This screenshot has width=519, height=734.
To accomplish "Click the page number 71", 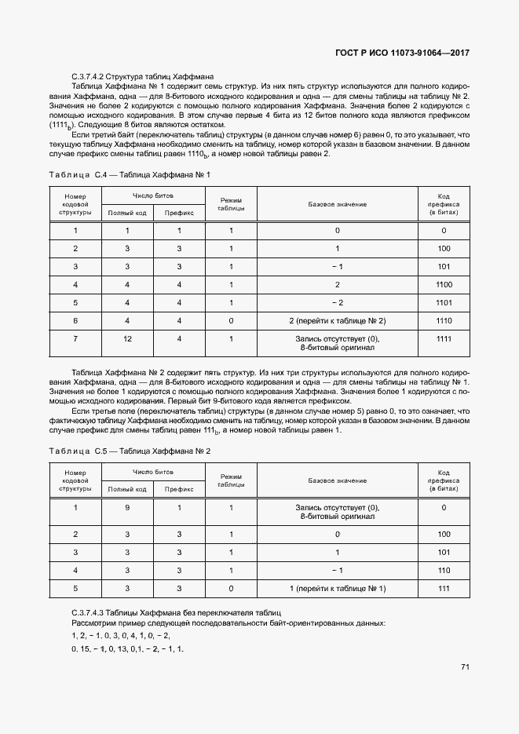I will [x=465, y=667].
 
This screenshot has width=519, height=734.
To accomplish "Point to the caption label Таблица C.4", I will [x=77, y=173].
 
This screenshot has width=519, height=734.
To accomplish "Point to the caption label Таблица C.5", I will [x=77, y=451].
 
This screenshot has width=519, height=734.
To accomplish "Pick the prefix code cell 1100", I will [x=444, y=284].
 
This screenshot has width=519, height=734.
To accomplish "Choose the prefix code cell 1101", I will [x=444, y=302].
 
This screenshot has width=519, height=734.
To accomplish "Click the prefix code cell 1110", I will [x=444, y=321].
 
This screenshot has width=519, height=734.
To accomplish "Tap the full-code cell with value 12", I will [x=127, y=339].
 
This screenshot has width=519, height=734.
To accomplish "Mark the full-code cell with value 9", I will [x=127, y=507].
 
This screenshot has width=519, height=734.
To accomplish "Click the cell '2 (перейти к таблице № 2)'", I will [x=337, y=321].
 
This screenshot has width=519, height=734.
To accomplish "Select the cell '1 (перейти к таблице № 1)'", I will [x=337, y=588].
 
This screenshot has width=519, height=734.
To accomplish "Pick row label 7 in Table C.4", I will [x=75, y=339].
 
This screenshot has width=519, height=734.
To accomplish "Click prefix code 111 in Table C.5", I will [x=444, y=588].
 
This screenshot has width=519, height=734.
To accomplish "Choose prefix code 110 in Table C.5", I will [x=444, y=570].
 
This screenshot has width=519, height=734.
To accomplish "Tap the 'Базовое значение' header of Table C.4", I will [x=337, y=204].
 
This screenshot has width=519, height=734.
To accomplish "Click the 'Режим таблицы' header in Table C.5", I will [x=232, y=480].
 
